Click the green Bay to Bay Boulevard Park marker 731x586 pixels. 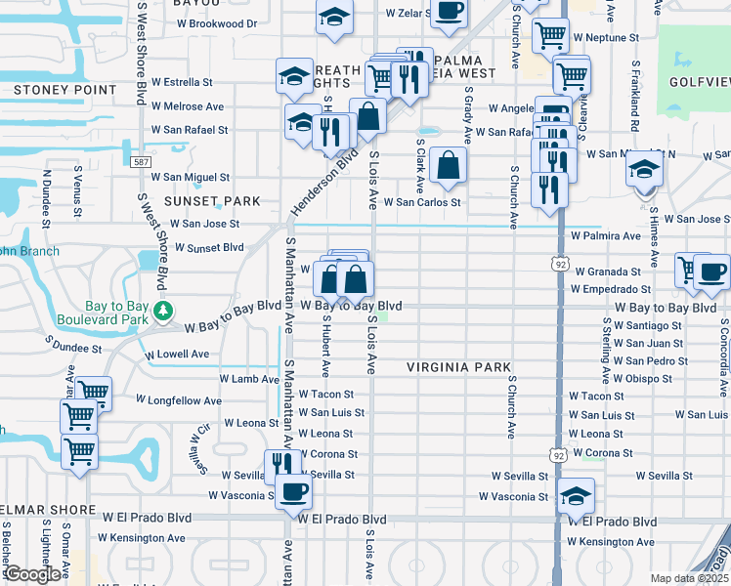(164, 312)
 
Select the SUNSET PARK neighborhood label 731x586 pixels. (212, 201)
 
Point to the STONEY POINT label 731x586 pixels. (52, 90)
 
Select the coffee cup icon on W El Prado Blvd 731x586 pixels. (292, 491)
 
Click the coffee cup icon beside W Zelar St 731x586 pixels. (449, 11)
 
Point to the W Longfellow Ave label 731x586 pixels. (179, 400)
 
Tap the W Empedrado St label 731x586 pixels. (611, 290)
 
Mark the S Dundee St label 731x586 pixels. (74, 348)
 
